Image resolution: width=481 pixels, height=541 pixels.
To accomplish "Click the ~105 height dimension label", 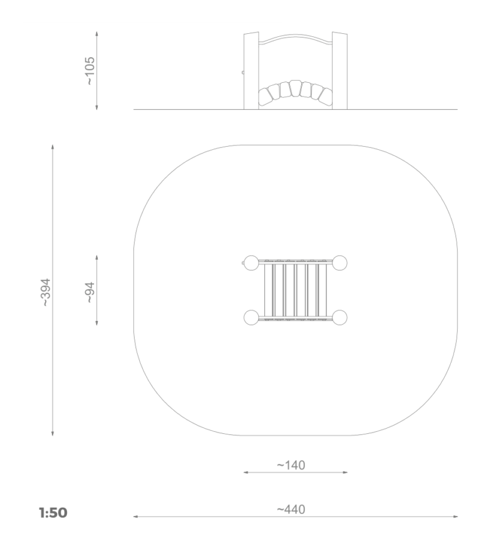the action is coord(90,71).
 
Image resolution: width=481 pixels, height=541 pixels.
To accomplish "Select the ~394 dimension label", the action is coord(46,293).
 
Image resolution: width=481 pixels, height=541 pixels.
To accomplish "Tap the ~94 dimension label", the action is coord(90,293).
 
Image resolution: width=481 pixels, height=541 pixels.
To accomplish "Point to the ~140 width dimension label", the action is coord(291,465).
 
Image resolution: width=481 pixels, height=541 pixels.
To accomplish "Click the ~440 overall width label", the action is coord(291,509).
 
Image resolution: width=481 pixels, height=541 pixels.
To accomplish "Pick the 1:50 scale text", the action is coord(53,513).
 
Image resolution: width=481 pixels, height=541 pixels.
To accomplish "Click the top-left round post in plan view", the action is coord(251,263).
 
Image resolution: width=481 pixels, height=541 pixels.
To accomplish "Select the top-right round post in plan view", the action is coord(339,263).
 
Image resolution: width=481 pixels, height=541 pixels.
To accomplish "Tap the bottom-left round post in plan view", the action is coord(251,317).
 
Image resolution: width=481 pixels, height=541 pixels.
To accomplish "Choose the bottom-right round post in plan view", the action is coord(339,317).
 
